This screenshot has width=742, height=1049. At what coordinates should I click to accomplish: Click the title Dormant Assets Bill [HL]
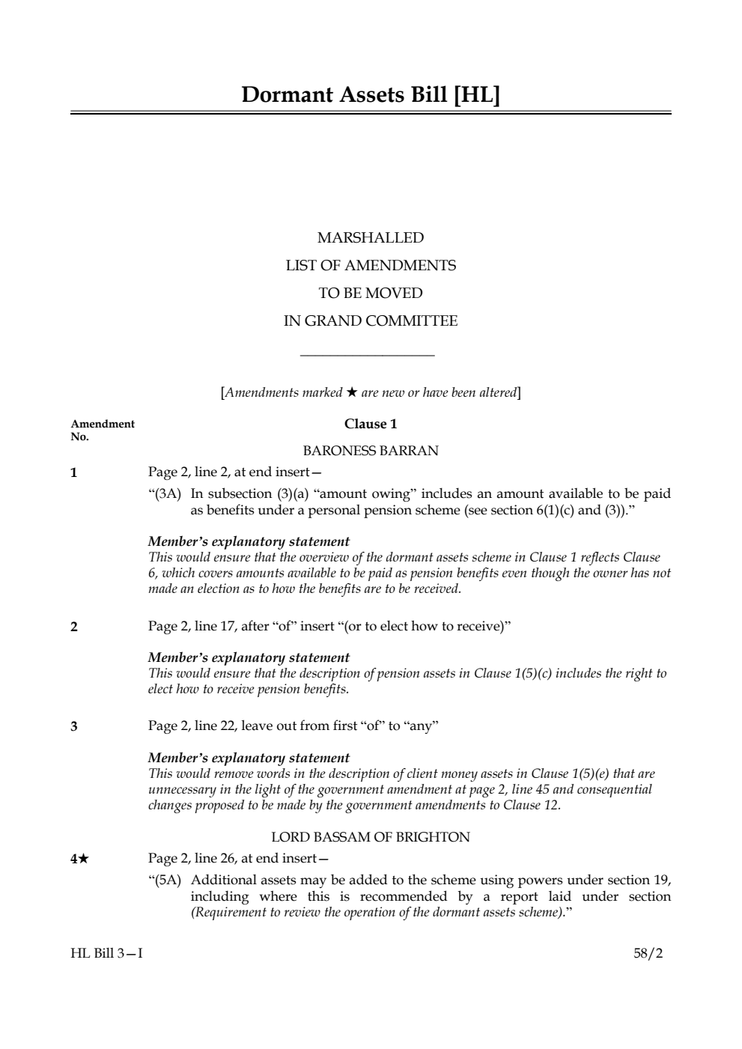point(371,95)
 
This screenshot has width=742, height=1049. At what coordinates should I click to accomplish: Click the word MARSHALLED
point(371,238)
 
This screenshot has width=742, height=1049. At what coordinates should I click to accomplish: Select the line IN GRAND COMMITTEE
point(371,321)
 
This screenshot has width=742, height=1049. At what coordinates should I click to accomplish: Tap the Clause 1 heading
point(371,424)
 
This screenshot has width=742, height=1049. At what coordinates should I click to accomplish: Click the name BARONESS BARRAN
point(371,451)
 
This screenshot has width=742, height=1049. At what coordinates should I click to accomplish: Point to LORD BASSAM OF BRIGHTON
point(371,837)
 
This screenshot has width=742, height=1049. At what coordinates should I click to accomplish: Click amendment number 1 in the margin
point(73,472)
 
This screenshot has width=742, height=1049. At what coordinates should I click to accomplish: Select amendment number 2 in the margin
point(73,627)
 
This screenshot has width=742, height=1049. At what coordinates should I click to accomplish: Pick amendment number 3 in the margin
point(73,726)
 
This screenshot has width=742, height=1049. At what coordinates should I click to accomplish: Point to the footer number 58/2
point(648,953)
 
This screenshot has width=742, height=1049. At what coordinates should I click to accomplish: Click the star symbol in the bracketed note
point(351,392)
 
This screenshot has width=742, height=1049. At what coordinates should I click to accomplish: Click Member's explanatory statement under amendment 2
point(249,657)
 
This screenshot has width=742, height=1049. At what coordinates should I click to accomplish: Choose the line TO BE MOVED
point(371,294)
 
